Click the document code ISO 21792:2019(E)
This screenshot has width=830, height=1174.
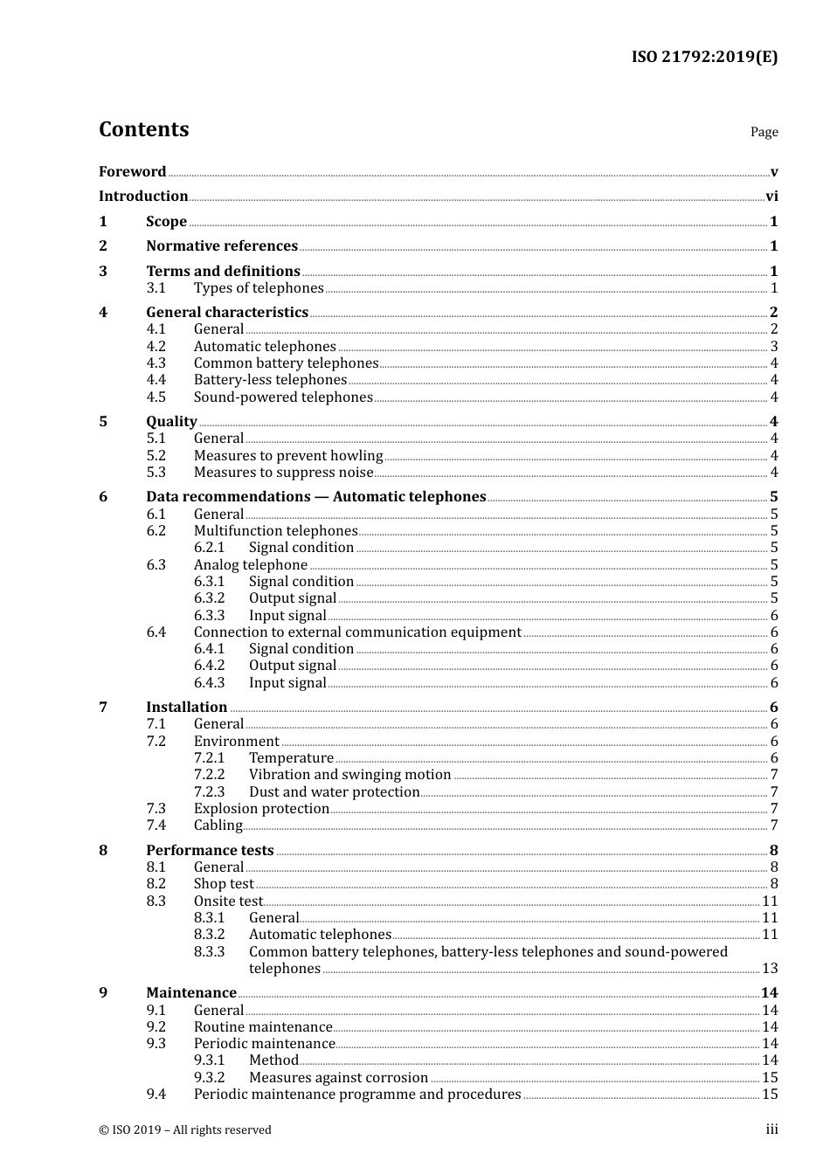point(704,58)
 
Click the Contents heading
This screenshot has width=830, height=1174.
point(143,129)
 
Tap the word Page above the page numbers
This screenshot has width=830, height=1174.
point(764,132)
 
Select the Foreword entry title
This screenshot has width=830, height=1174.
point(132,172)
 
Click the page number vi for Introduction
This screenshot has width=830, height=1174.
point(771,197)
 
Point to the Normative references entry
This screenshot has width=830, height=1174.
point(222,246)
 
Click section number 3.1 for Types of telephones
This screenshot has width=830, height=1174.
point(156,288)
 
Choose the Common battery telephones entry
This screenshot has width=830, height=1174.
point(286,363)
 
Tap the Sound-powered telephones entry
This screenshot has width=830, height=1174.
point(283,397)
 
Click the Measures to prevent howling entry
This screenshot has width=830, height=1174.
point(288,456)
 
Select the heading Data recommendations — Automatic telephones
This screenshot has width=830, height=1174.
point(315,497)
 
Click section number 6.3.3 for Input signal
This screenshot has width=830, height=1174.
point(209,616)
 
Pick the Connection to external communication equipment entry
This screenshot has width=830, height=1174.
point(357,632)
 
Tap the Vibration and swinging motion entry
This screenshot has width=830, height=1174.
point(349,775)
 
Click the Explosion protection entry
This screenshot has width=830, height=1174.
point(261,809)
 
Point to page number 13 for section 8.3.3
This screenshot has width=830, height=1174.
point(770,969)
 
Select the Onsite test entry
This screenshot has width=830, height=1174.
point(228,901)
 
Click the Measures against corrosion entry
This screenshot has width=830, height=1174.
point(338,1078)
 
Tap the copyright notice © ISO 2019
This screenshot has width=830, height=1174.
point(185,1130)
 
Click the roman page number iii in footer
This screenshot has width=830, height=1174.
point(771,1129)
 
